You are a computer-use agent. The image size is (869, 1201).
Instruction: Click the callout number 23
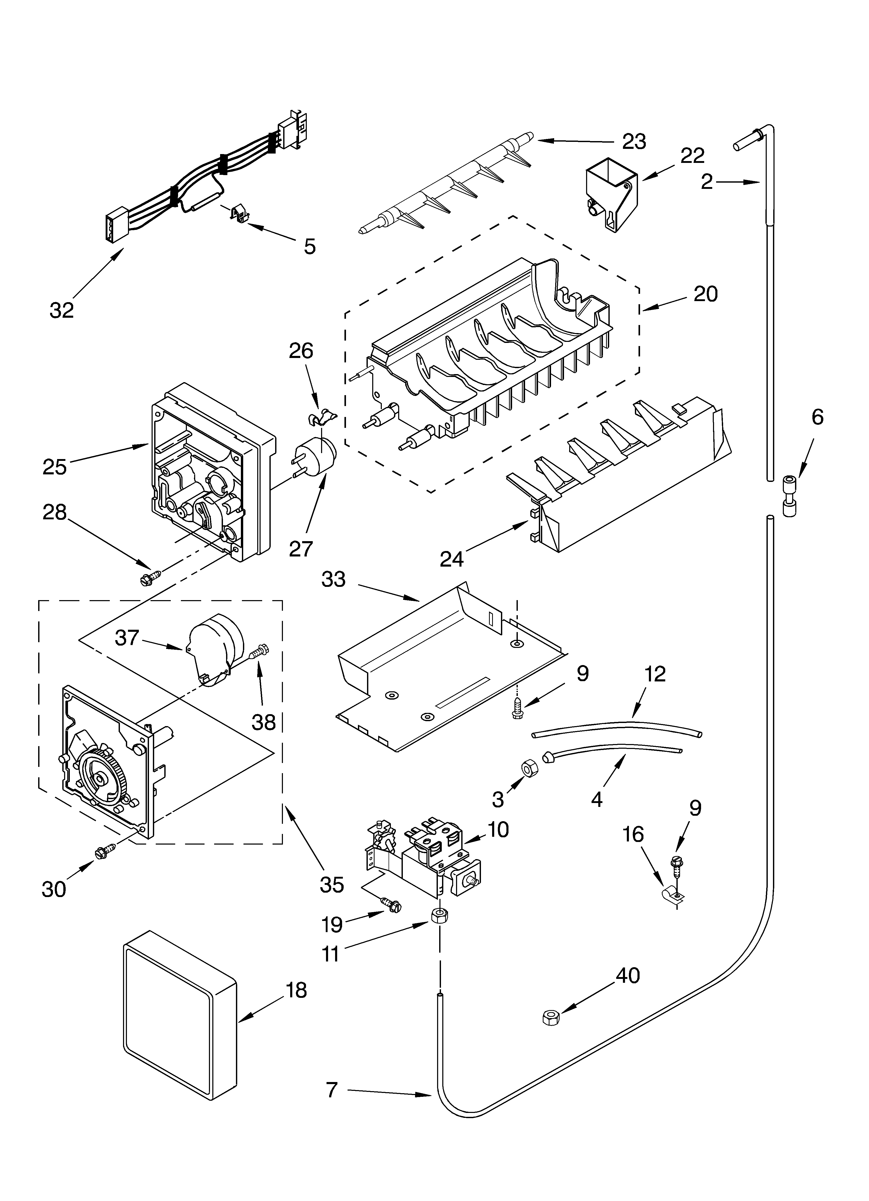pos(634,142)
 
